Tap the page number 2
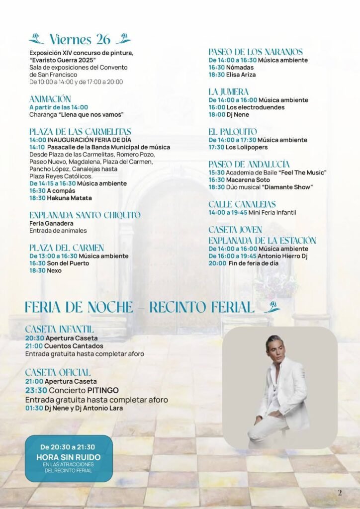click(x=340, y=493)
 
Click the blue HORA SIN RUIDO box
click(x=69, y=458)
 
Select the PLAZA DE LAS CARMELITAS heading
click(x=80, y=132)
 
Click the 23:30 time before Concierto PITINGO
click(x=36, y=390)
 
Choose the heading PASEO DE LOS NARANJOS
click(x=255, y=52)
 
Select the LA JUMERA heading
click(x=228, y=92)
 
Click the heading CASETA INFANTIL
click(x=59, y=329)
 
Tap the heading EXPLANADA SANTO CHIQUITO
click(x=85, y=215)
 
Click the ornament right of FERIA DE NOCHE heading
click(x=272, y=307)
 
